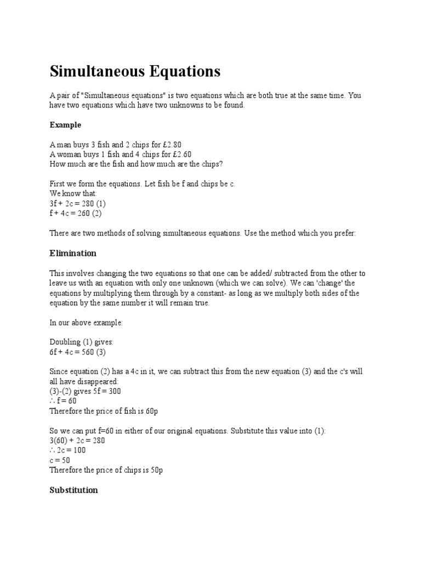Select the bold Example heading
(65, 125)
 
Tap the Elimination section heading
(73, 253)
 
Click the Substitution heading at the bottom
(73, 490)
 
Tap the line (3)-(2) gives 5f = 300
(85, 391)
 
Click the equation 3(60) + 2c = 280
(77, 440)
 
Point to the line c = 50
(60, 460)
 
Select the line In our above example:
(86, 322)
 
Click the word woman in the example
(70, 154)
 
